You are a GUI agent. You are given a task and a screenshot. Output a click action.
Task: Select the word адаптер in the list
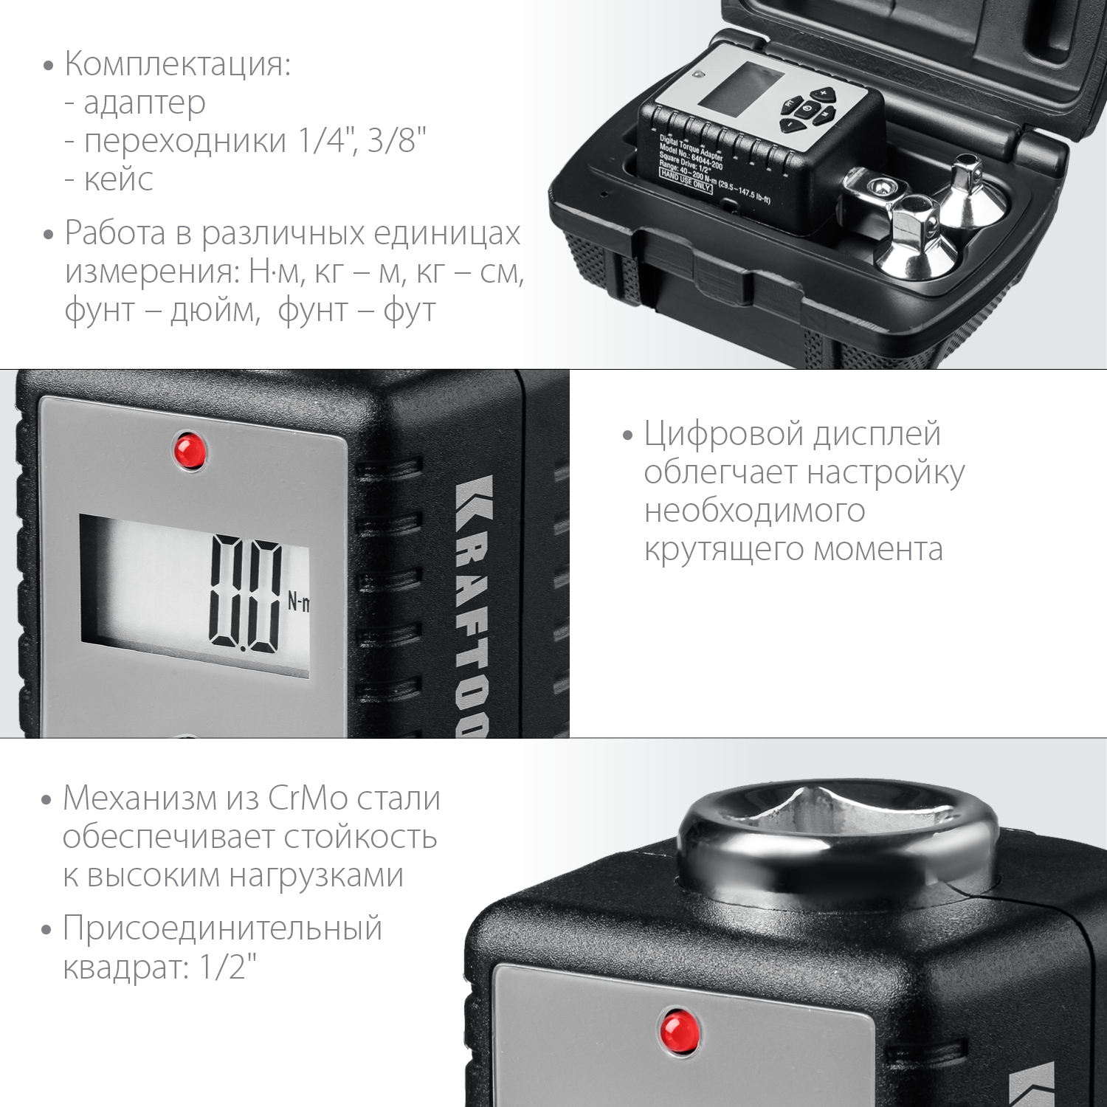[x=145, y=103]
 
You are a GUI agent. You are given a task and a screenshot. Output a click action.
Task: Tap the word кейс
[x=118, y=179]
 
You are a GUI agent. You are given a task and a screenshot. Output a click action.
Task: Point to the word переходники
[x=185, y=141]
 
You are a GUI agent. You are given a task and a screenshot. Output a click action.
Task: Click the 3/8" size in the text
[x=398, y=140]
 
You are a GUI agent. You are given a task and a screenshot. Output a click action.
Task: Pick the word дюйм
[x=215, y=311]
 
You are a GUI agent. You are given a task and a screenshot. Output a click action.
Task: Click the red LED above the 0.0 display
[x=189, y=451]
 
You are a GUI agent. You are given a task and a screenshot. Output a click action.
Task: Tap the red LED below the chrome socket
[x=678, y=1030]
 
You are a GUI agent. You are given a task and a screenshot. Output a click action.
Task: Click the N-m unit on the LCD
[x=298, y=602]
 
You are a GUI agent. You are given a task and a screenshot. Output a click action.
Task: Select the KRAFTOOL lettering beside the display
[x=472, y=605]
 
